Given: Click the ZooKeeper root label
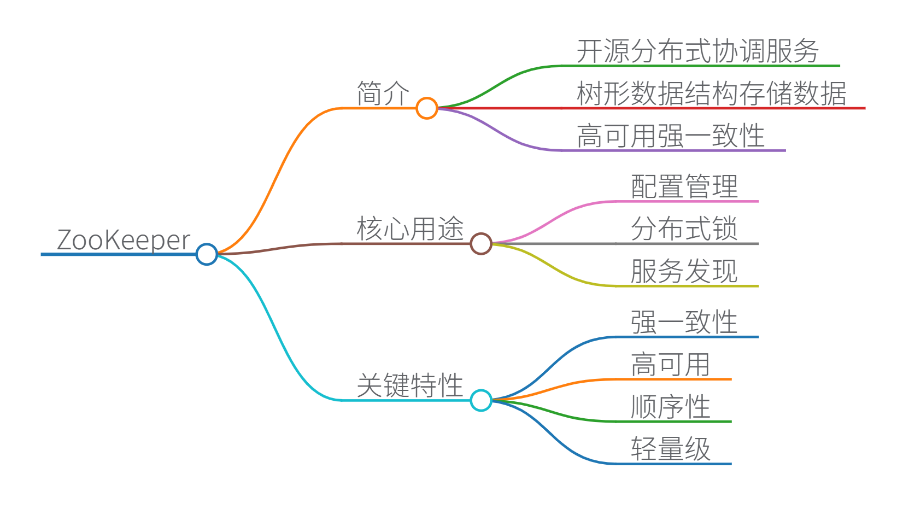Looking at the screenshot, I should (x=124, y=241).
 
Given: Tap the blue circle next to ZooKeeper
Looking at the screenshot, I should (x=207, y=254).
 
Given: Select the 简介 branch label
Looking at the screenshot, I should (x=383, y=93).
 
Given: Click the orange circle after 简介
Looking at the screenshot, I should (x=426, y=108).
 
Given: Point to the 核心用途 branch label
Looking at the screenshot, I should (x=410, y=229).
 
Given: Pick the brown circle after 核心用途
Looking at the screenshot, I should (x=481, y=244).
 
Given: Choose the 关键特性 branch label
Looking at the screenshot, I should (x=410, y=385).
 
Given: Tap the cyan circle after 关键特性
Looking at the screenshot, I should (x=481, y=400).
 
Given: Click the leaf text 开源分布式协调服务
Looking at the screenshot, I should (x=697, y=51).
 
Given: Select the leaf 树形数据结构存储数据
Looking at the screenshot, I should (x=711, y=93).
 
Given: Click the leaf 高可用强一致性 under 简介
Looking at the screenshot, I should (x=670, y=136).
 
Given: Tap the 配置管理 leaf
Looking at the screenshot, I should (x=684, y=186).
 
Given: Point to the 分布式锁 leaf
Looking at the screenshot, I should (x=684, y=229).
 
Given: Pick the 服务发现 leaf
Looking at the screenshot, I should (x=684, y=271).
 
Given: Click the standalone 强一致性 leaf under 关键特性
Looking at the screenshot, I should (x=684, y=322).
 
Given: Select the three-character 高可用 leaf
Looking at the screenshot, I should (x=670, y=364).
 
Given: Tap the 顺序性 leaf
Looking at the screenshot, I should (x=670, y=407).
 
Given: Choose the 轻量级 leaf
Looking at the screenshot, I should (x=670, y=449).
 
